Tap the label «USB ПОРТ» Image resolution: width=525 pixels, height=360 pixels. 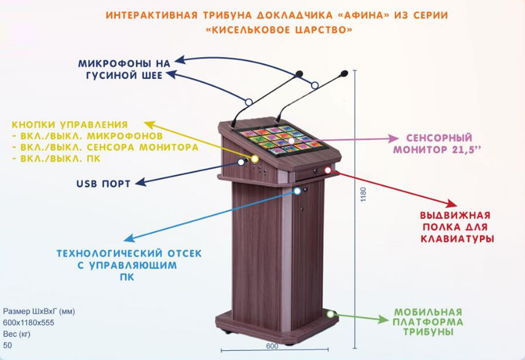103,184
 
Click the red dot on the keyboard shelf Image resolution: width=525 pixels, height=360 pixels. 328,170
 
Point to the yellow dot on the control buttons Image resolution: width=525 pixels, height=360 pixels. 255,159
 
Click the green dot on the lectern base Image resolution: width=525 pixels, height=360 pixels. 330,314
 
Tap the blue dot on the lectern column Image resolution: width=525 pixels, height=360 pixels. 297,191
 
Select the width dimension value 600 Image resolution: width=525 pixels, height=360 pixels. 271,345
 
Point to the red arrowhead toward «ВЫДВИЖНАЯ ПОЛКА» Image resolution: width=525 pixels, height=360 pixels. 452,204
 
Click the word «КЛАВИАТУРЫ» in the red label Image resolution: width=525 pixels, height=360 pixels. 457,238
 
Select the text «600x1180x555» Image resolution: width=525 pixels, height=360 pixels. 25,323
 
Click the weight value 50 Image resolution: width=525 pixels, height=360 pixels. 7,345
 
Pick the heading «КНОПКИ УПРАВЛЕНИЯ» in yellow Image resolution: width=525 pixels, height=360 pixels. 70,124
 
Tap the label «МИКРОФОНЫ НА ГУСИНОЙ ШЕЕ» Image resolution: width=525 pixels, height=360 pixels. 124,68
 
